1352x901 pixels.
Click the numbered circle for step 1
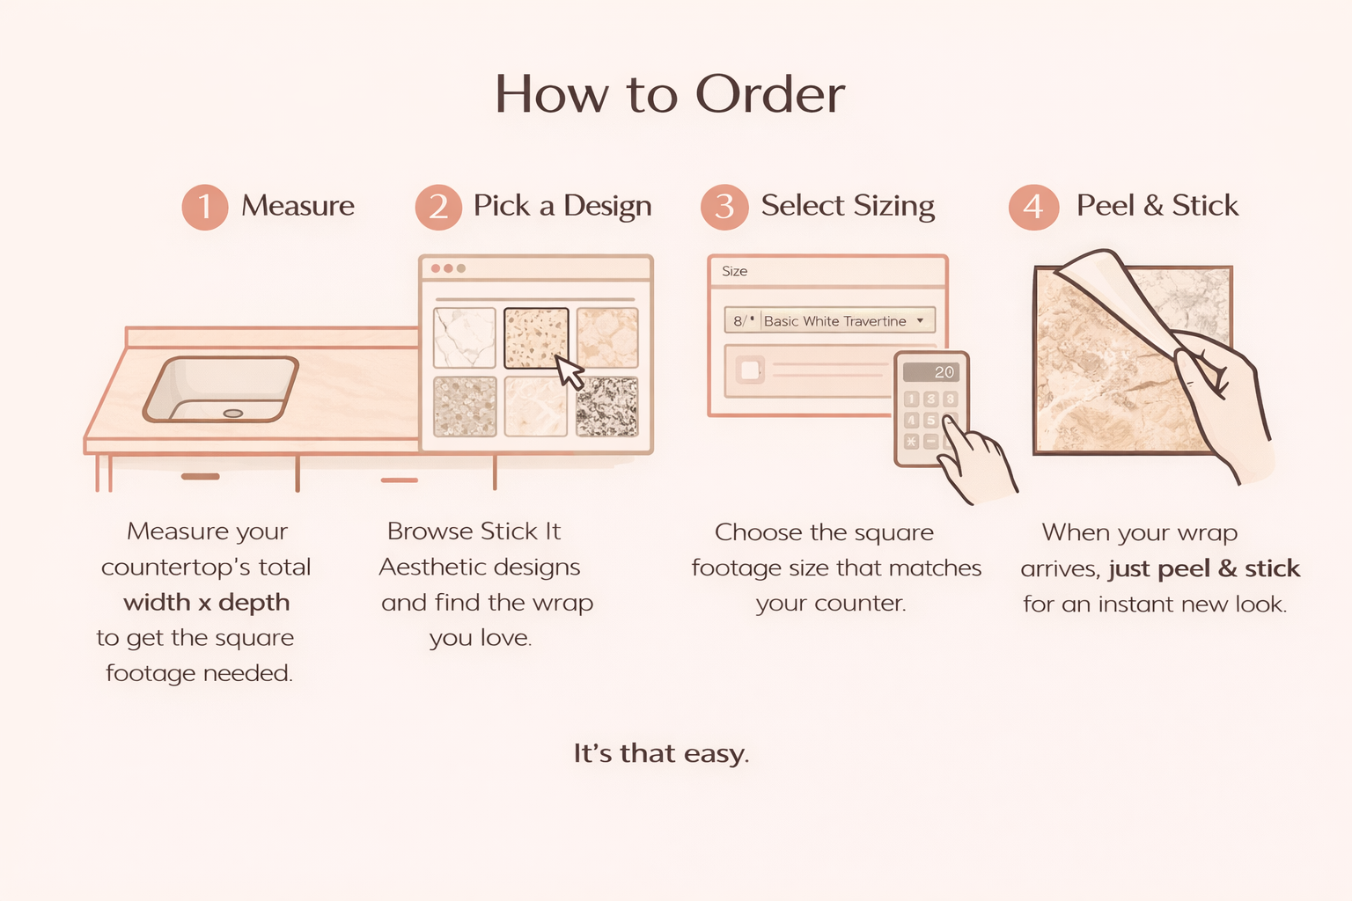[x=204, y=207]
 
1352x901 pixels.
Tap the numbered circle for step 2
[x=438, y=207]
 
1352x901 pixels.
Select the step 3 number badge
[x=724, y=207]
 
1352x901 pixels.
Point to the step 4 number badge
[x=1034, y=207]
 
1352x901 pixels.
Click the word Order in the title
[x=770, y=94]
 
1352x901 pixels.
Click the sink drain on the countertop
[x=233, y=414]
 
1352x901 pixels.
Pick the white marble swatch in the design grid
[x=464, y=338]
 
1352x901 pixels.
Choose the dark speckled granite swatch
[x=606, y=407]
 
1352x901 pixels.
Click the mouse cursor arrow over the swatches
[x=569, y=372]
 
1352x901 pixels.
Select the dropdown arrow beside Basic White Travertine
[x=920, y=320]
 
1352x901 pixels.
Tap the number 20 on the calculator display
[x=944, y=372]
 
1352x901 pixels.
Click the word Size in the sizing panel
[x=735, y=272]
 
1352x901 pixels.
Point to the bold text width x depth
[x=207, y=603]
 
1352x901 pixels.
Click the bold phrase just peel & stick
[x=1204, y=568]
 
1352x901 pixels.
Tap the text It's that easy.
[x=661, y=754]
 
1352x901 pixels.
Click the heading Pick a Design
[x=562, y=206]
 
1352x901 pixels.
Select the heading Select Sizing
[x=848, y=206]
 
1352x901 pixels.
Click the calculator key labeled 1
[x=911, y=399]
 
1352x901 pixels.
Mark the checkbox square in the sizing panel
[x=750, y=370]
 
